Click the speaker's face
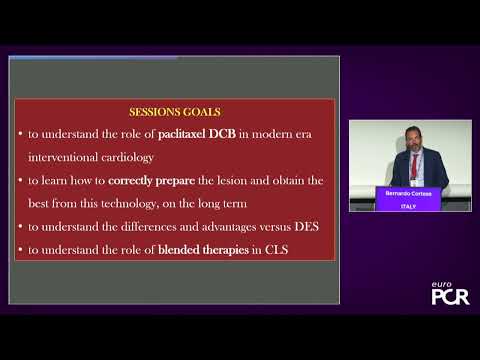(x=411, y=143)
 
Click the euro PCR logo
(x=448, y=294)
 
